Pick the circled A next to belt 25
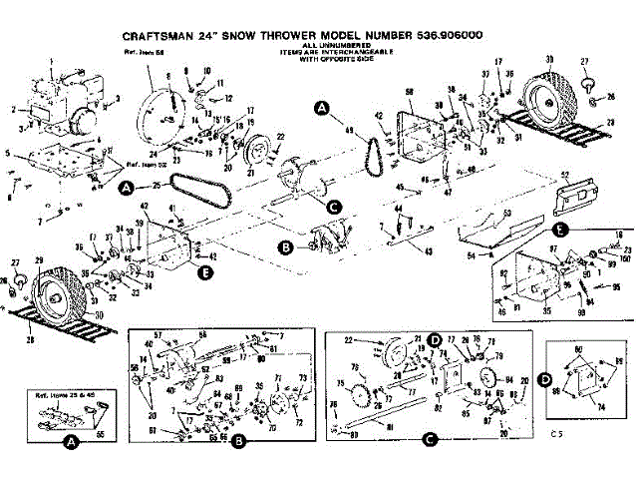coord(127,187)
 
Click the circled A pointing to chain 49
coord(321,106)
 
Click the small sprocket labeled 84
coord(487,381)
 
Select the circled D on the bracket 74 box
coord(545,380)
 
